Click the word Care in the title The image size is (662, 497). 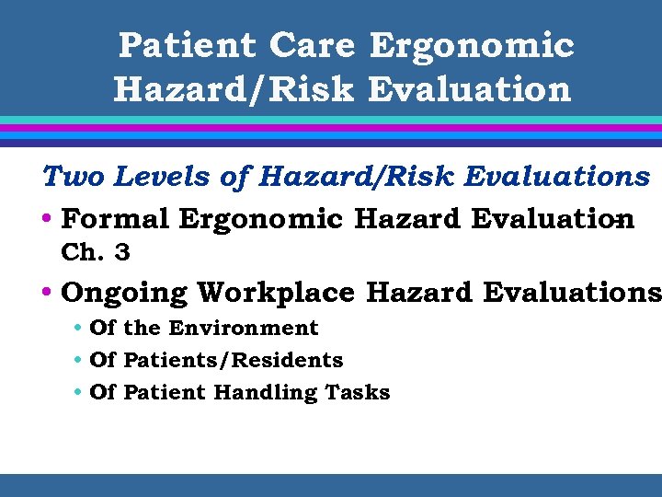(x=314, y=44)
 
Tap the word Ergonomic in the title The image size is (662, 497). (x=472, y=44)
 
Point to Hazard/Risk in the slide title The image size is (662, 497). (x=234, y=89)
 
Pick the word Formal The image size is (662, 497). (x=116, y=219)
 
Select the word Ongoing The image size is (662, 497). (x=125, y=293)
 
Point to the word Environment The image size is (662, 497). (x=244, y=328)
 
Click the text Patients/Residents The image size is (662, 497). (x=234, y=360)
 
